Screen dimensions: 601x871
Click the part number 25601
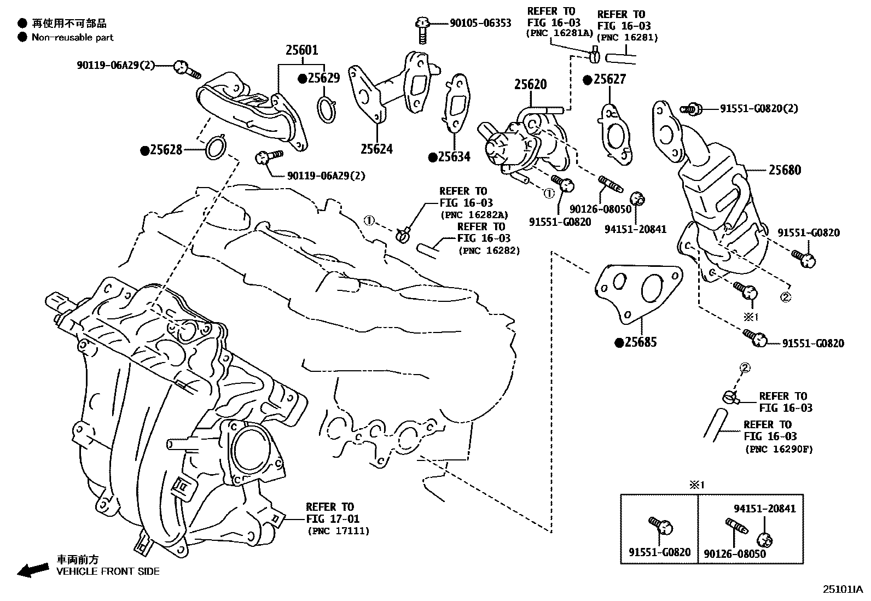(x=301, y=50)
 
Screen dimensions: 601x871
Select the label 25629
(x=323, y=78)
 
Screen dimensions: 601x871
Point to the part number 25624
(x=376, y=148)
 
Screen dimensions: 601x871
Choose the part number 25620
(x=530, y=85)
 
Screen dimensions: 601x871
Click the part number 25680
(x=785, y=170)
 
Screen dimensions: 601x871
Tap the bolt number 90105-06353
(x=480, y=23)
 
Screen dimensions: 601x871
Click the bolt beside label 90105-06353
(x=421, y=30)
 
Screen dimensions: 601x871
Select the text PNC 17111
(x=338, y=530)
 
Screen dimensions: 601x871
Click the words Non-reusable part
(x=72, y=37)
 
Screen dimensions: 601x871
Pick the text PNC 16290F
(x=779, y=449)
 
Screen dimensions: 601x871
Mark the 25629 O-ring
(x=326, y=109)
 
